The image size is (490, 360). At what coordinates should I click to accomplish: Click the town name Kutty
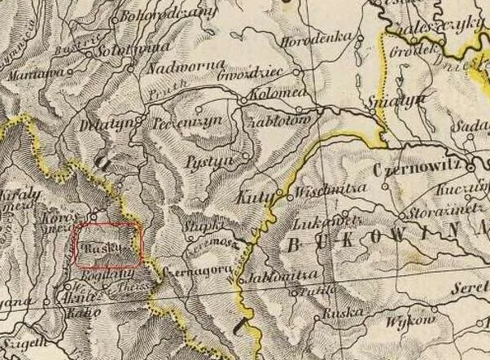pyautogui.click(x=252, y=196)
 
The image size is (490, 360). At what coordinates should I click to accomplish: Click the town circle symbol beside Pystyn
pyautogui.click(x=246, y=154)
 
